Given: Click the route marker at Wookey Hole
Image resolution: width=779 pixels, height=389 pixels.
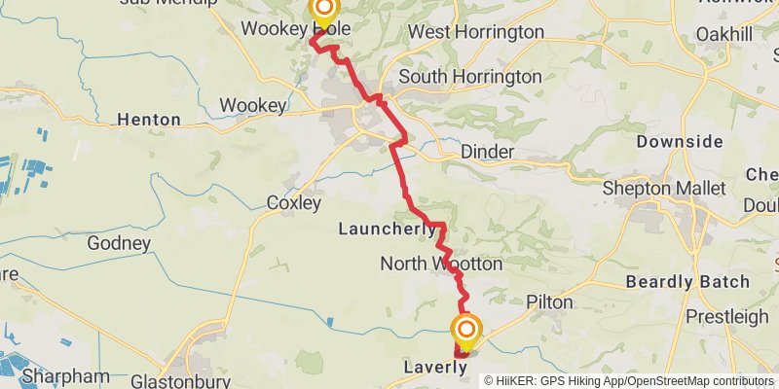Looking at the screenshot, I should (322, 12).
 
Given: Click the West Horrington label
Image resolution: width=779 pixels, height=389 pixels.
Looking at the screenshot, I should (475, 32).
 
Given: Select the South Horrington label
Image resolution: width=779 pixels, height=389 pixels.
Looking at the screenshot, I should (469, 76).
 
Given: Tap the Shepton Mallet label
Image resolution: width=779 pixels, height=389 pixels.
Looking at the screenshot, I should (650, 188).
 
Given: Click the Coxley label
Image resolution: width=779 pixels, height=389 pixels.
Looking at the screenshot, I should (293, 203).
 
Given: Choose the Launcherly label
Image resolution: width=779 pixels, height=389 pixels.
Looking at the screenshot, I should (387, 230).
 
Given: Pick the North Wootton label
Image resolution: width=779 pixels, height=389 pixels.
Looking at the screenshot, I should (441, 264).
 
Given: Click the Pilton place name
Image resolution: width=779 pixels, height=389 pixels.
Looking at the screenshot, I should (549, 302).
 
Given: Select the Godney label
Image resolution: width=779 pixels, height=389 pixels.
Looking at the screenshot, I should (119, 243).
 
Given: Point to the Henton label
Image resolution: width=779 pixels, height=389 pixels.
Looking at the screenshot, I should (148, 120).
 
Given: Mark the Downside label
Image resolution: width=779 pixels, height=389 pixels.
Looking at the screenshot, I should (680, 142).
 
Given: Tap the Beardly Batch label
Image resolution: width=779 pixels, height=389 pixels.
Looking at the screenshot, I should (688, 282).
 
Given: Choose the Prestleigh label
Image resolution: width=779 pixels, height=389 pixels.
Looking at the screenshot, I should (726, 317).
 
